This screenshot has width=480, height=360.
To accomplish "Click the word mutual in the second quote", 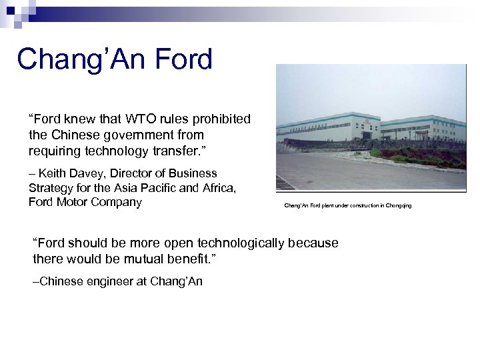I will point(143,257).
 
